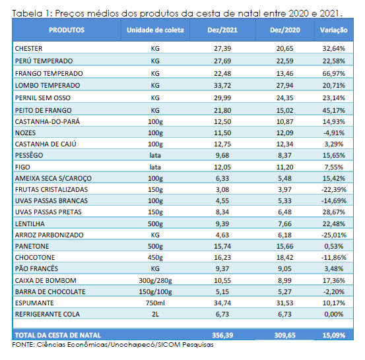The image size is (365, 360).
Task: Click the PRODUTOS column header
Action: click(67, 30)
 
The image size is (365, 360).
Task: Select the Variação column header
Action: click(333, 30)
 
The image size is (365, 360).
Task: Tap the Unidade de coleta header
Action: click(155, 30)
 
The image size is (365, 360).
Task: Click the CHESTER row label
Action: click(28, 48)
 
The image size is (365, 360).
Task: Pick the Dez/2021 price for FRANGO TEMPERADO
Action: click(222, 73)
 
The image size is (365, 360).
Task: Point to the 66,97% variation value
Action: click(333, 73)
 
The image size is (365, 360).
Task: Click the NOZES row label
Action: click(25, 133)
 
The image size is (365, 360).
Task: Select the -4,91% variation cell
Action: click(333, 133)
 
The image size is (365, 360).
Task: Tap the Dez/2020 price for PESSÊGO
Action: click(284, 155)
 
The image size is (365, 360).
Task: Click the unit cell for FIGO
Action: click(155, 167)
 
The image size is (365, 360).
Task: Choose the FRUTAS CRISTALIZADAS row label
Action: click(51, 189)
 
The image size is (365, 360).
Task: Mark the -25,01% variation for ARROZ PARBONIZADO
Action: click(333, 235)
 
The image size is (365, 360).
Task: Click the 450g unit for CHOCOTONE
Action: click(155, 257)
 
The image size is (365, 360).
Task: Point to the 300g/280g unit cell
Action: click(155, 280)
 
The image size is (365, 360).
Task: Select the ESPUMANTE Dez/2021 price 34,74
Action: click(222, 303)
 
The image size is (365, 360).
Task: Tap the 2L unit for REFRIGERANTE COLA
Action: click(155, 315)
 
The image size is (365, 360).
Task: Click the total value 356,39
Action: click(222, 335)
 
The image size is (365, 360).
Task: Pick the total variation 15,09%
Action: click(333, 335)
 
